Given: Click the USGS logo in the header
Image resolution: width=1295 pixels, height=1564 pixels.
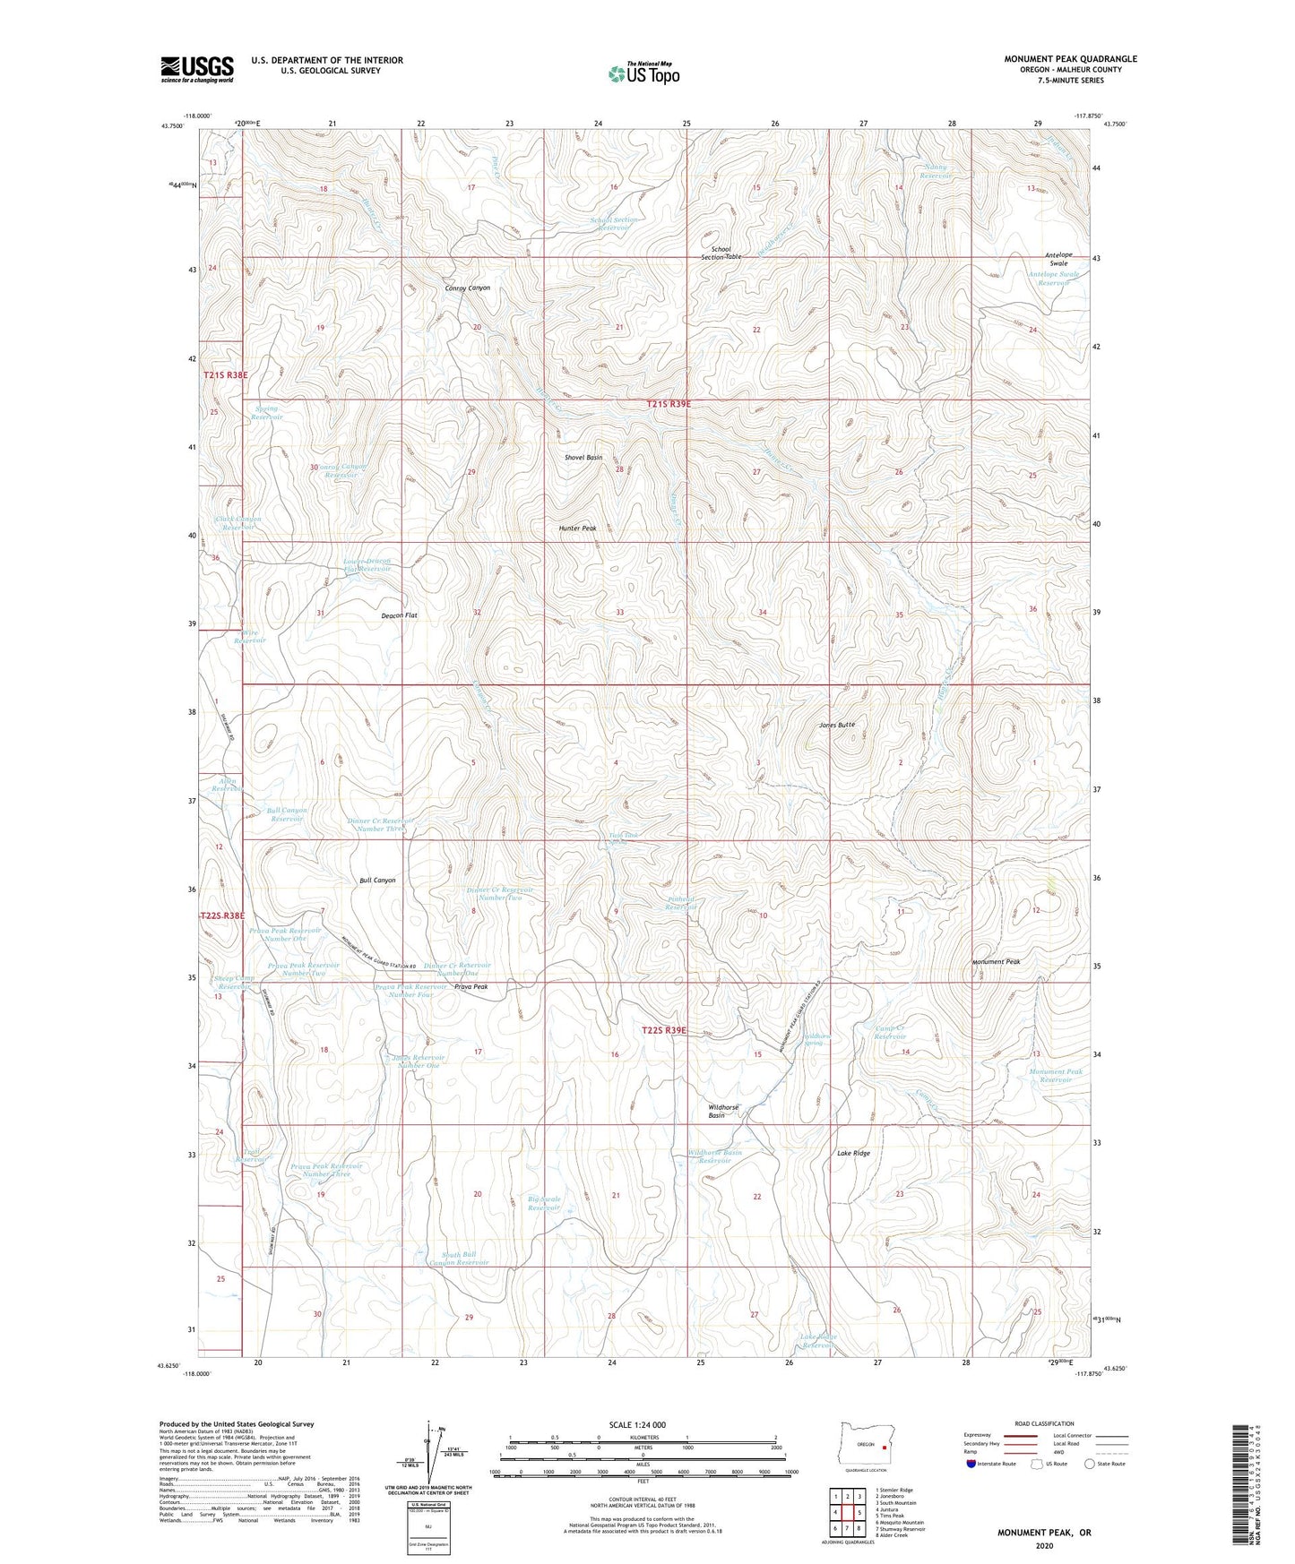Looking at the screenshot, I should coord(197,68).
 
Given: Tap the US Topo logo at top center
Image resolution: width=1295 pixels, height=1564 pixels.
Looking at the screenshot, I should coord(643,74).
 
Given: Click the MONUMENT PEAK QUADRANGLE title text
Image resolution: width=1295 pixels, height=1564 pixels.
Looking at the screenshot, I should coord(1070,59).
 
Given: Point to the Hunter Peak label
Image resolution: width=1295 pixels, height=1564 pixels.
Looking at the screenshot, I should coord(577,528).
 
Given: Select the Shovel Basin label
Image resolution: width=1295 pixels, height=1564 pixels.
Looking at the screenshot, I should coord(583,458).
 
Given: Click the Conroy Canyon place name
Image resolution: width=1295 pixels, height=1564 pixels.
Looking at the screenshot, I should coord(468,288).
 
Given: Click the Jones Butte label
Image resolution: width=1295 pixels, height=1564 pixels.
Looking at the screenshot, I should coord(836,724).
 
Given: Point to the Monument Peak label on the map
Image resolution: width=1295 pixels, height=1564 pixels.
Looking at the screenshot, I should coord(996,962).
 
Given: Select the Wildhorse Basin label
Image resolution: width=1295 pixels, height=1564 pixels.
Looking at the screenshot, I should coord(723,1111).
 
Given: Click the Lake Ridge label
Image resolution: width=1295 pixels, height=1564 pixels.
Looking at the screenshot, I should coord(853,1153).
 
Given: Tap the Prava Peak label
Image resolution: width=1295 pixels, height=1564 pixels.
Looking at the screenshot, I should coord(471,986).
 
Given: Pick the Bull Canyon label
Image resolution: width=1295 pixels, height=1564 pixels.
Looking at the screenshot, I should coord(377,880).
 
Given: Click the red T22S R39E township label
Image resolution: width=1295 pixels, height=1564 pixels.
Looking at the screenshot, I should coord(665,1030).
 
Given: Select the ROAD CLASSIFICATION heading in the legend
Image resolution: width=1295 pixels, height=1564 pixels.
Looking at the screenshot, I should coord(1044,1423).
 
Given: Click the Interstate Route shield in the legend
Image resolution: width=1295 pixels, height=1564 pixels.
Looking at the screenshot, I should coord(974,1465).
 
